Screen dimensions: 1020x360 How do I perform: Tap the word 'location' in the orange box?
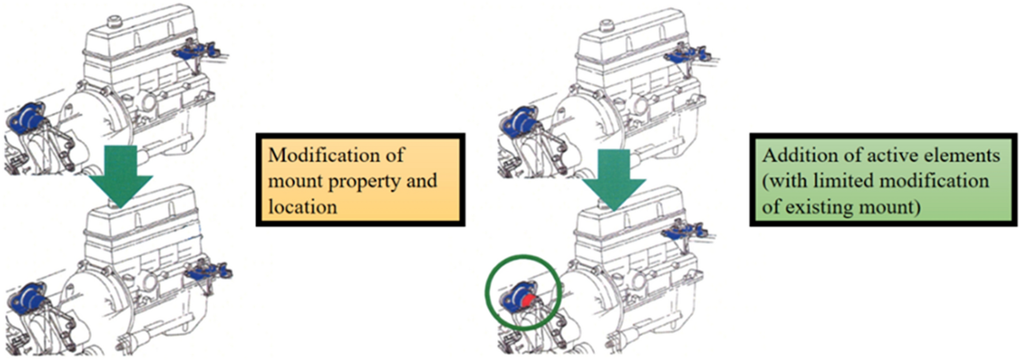(303, 207)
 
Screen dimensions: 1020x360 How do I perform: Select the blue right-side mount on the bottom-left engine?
(207, 271)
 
